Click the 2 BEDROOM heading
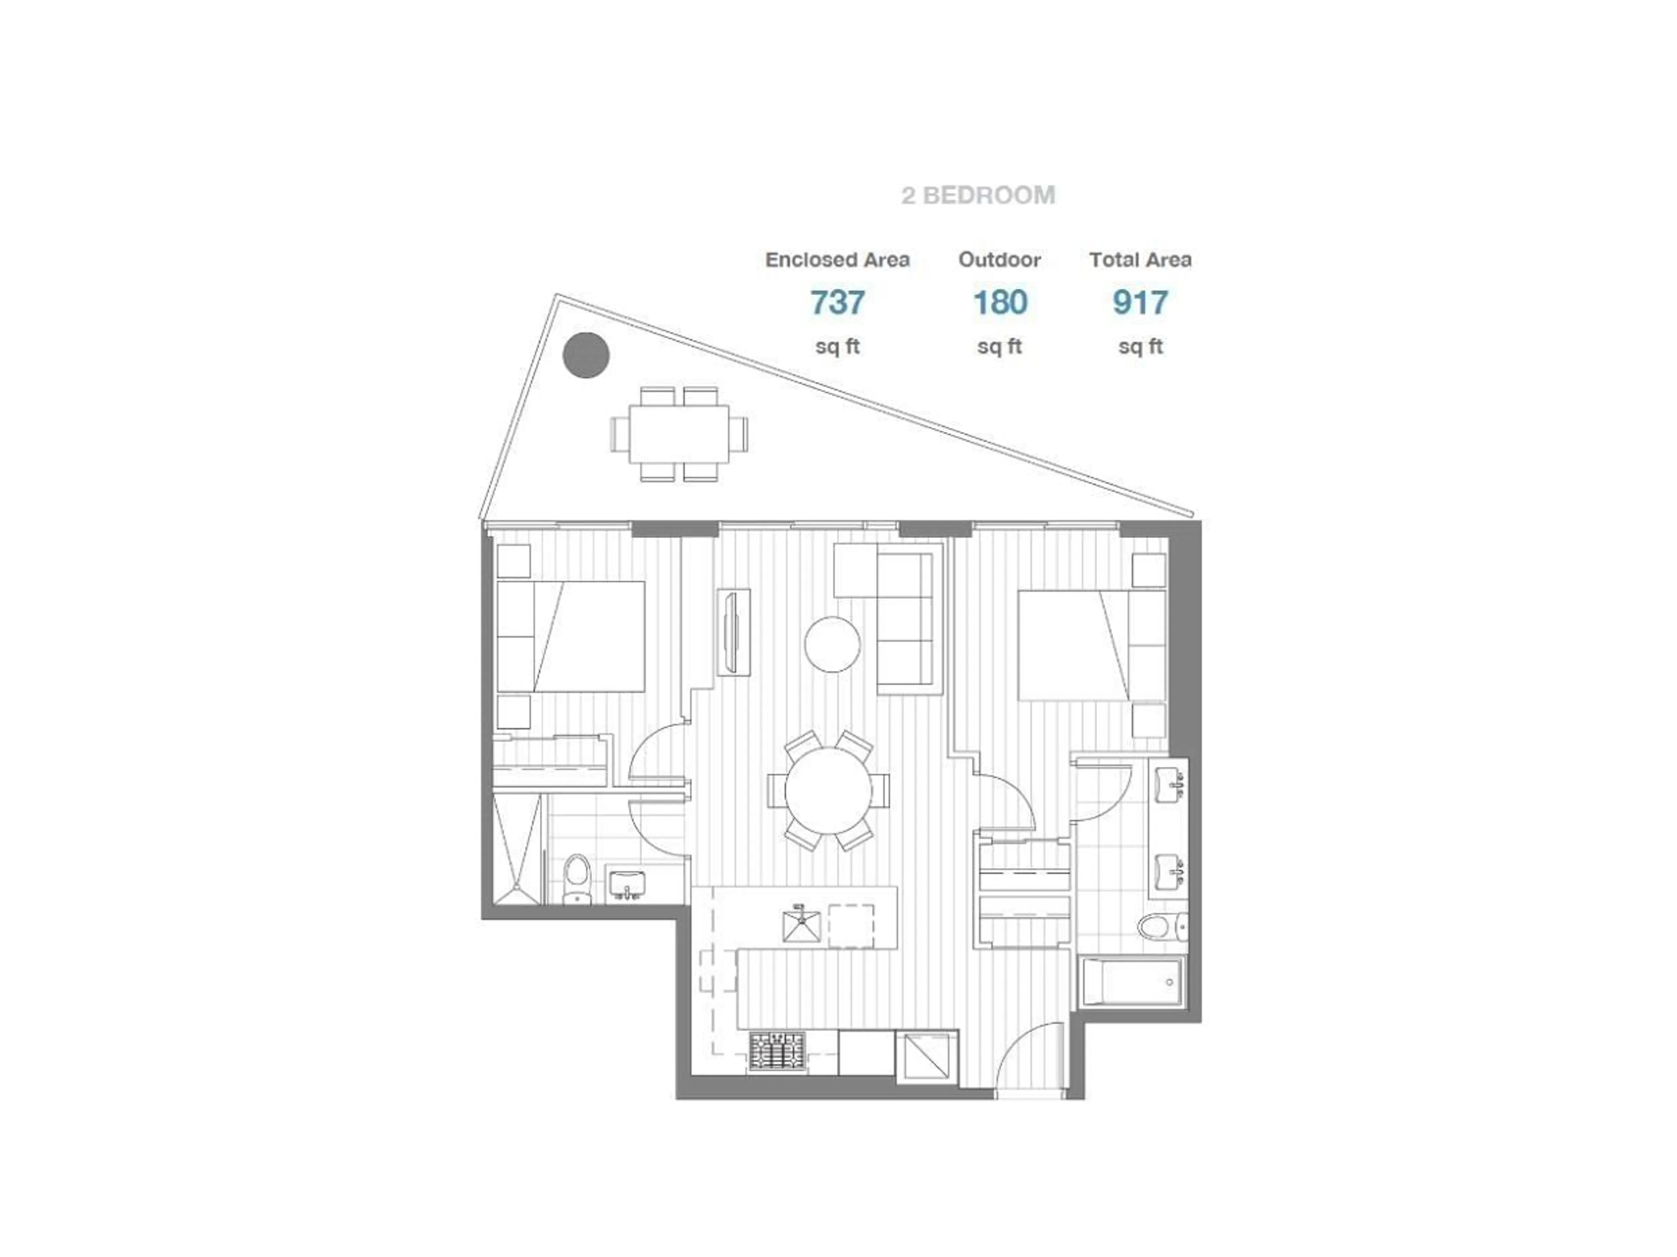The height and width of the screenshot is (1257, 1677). pos(978,196)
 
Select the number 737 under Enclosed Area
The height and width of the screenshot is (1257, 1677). pos(837,303)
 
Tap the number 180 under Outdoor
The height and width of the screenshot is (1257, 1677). pos(1000,303)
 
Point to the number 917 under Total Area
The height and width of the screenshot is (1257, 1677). pos(1139,303)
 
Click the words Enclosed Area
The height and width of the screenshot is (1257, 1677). pos(837,260)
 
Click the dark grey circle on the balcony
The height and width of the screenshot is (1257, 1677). pos(586,355)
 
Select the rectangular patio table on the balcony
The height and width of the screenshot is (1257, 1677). pos(679,435)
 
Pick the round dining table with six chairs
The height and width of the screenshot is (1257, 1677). pos(828,791)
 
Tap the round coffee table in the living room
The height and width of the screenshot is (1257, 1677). pos(832,644)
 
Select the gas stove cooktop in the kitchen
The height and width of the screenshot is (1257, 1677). pos(777,1052)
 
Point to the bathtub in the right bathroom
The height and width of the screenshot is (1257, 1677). pos(1131,983)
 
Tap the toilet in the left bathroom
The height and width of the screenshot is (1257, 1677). pos(578,880)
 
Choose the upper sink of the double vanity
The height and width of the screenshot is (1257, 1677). pos(1169,785)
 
